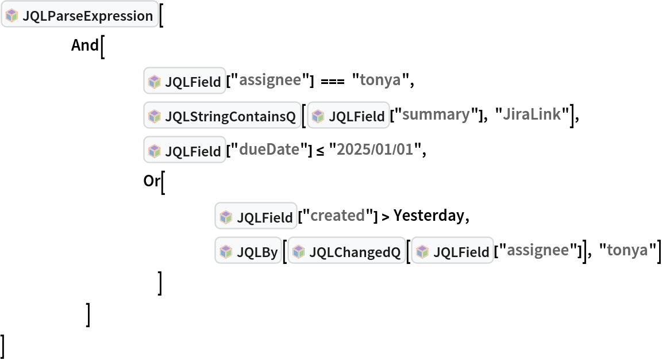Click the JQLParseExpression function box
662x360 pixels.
click(79, 16)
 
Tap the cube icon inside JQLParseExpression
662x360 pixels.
click(11, 16)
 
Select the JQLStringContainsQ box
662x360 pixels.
click(222, 116)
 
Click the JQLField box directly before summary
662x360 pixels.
click(348, 116)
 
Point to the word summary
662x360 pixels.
click(436, 115)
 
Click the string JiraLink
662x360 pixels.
click(532, 115)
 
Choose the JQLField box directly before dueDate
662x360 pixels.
click(184, 151)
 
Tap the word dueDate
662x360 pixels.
click(269, 150)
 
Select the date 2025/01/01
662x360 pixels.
click(375, 150)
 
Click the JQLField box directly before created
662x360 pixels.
click(256, 217)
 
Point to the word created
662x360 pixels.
click(337, 216)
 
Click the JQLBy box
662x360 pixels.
click(248, 251)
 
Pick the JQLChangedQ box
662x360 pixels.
click(347, 251)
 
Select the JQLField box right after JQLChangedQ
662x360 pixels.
click(452, 251)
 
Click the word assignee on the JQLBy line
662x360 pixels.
click(537, 250)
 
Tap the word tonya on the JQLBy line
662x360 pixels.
click(627, 250)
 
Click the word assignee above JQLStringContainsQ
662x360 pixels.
click(270, 81)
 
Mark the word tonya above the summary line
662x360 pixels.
click(380, 81)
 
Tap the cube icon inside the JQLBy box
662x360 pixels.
click(225, 251)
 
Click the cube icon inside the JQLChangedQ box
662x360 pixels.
click(298, 251)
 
